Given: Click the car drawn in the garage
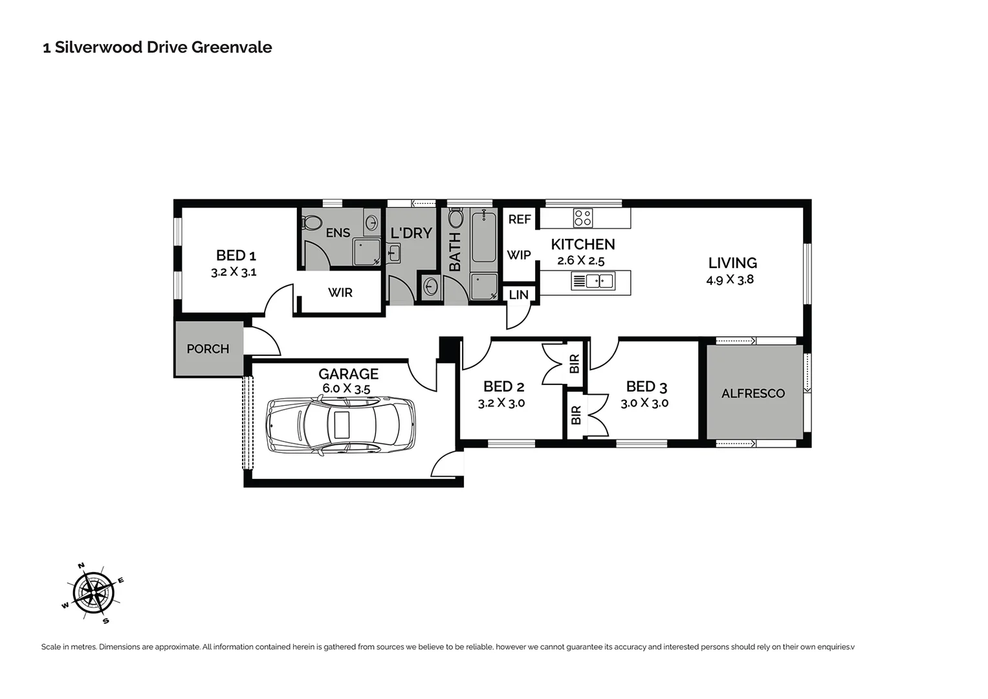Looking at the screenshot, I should (341, 426).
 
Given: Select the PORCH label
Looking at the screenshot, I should (208, 349).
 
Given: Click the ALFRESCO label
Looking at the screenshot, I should (752, 393).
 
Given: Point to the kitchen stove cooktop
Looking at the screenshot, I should (582, 218).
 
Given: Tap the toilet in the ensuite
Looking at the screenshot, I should (312, 222).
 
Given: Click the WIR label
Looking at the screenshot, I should (340, 293).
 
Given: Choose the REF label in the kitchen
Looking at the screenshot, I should (519, 219).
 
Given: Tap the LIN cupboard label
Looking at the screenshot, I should (518, 295).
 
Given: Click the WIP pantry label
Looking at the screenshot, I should (518, 255).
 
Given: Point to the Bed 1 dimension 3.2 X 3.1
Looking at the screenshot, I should (234, 272).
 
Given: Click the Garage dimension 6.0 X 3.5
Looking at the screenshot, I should (346, 389).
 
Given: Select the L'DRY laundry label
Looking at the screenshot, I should (411, 233).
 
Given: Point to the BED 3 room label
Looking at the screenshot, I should (646, 387).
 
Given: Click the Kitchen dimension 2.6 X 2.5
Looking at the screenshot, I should (580, 261).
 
